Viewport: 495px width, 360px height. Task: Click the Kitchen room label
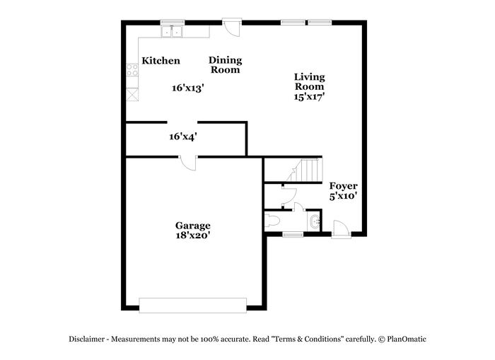161,61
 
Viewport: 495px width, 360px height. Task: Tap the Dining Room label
226,65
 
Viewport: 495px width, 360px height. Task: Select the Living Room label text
310,82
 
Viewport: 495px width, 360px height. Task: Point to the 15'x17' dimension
310,97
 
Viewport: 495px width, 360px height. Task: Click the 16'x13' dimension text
188,88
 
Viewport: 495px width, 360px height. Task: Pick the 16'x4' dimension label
183,137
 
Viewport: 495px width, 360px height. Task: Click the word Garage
193,226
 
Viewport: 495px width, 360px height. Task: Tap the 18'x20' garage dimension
193,236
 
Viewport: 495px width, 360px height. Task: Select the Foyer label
344,186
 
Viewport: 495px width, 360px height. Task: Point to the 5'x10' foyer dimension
344,196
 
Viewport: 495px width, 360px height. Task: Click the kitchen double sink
172,32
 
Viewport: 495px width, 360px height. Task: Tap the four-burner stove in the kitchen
132,70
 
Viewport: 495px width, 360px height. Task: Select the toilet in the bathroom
272,221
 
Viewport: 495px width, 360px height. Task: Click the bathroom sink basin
315,221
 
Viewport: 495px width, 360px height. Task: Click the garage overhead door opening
193,306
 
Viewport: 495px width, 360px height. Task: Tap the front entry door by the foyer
341,229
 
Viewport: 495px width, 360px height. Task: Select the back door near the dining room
232,27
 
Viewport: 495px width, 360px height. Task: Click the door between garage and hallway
188,163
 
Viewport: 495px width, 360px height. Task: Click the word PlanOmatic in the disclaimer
407,339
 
